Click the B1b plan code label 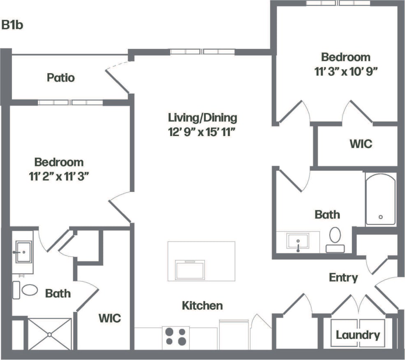tap(12, 25)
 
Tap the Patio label tap(61, 77)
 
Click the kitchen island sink tap(190, 270)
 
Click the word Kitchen tap(202, 305)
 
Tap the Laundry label tap(358, 335)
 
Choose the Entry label tap(343, 278)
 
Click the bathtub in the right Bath tap(381, 200)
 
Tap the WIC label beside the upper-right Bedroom tap(361, 144)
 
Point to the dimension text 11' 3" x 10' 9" tap(346, 70)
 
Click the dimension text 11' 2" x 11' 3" tap(59, 177)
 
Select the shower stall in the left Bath tap(49, 334)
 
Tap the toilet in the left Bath tap(29, 290)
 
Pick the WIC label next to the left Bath tap(110, 318)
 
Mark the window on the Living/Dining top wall tap(202, 52)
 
